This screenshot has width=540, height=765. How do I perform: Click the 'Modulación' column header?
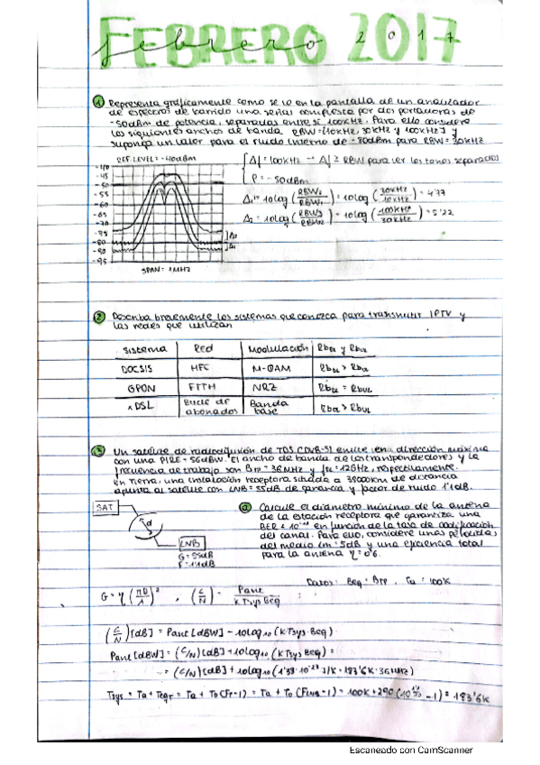(x=271, y=347)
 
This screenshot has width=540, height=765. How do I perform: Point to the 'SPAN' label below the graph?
(x=159, y=269)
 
